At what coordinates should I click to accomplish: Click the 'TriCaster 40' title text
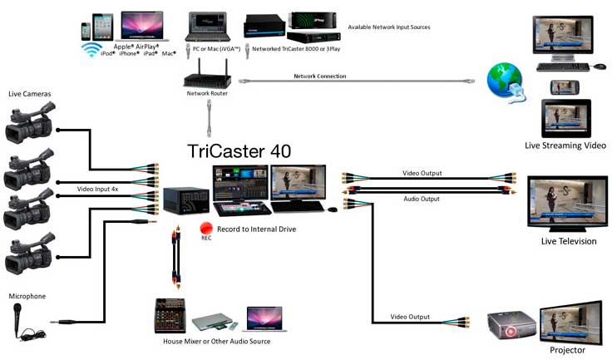point(241,151)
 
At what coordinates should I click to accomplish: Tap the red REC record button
point(205,228)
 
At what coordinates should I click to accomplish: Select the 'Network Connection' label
point(320,76)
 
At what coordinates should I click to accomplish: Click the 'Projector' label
point(568,350)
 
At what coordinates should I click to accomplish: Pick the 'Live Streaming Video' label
point(565,145)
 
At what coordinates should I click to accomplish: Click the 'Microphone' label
point(27,296)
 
